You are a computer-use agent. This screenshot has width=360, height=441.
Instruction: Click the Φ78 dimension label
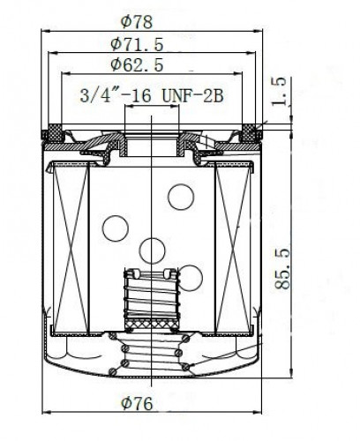137,22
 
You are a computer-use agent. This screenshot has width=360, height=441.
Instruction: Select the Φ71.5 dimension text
137,45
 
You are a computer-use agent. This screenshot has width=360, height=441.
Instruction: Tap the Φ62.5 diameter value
137,65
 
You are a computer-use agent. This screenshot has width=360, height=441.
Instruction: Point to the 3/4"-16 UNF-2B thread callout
152,96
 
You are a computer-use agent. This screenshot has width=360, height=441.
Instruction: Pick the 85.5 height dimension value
282,269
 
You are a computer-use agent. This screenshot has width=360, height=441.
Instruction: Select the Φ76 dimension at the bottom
137,403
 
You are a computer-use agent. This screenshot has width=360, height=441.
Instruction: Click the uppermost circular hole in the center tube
181,197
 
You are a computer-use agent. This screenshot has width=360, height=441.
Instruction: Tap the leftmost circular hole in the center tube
116,228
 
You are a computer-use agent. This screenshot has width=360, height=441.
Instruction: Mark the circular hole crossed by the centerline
152,250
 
